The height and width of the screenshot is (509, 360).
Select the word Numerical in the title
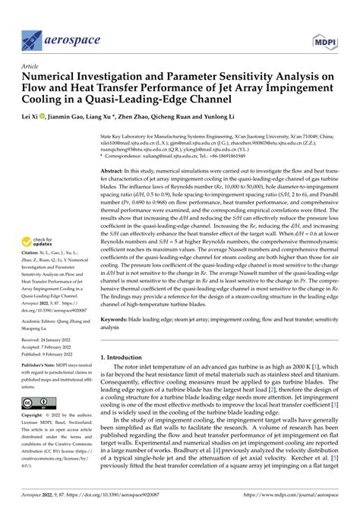pyautogui.click(x=54, y=76)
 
